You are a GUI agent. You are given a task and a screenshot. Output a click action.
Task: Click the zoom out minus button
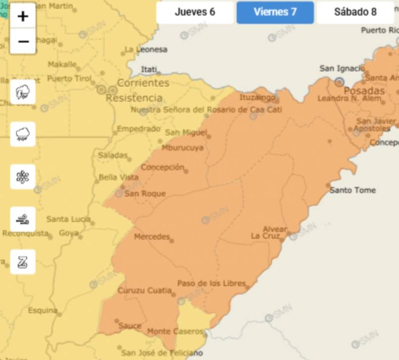coord(23,42)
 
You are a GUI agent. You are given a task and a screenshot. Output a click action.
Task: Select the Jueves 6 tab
coord(195,12)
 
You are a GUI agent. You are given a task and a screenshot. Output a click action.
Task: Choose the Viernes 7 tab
coord(275,12)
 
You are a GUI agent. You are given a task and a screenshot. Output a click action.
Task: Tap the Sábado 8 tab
coord(355,12)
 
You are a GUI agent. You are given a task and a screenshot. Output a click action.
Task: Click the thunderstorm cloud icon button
coord(23,92)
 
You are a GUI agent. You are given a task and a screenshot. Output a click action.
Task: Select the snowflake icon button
coord(23,177)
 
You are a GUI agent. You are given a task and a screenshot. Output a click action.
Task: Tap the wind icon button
coord(23,220)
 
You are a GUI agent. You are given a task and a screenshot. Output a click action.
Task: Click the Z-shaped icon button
coord(23,262)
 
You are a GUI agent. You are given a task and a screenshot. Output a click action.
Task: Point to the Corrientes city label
coord(143,83)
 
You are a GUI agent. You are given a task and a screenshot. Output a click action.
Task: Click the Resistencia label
coord(134,98)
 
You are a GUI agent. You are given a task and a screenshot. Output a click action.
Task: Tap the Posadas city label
coord(364,91)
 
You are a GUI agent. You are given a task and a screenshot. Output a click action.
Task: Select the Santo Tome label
coord(353,190)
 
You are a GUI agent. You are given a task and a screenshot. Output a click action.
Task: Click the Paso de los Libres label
coord(211,284)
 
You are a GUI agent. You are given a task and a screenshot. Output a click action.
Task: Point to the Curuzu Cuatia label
coord(144,291)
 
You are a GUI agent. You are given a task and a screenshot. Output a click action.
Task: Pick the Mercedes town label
coord(152,237)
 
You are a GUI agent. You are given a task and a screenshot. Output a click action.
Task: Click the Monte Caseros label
coord(175,331)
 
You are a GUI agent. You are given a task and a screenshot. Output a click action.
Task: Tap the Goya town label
coord(69,233)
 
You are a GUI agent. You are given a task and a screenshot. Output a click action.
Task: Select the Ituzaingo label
coord(257,97)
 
